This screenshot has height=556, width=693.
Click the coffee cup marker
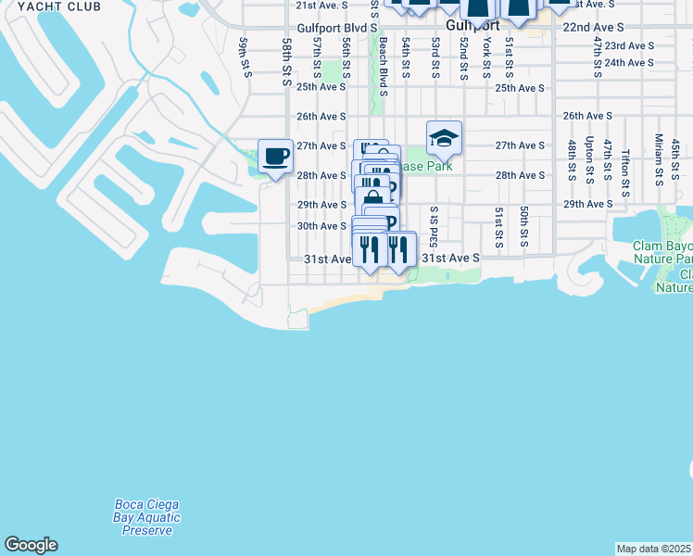(x=275, y=155)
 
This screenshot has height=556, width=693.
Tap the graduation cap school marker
(x=444, y=139)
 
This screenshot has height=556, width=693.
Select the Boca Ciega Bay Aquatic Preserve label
(x=147, y=517)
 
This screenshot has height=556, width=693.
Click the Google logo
(x=31, y=545)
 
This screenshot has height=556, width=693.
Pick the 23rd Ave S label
(x=629, y=45)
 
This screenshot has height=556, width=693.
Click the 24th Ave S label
(x=629, y=62)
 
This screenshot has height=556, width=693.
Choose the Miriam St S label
(x=658, y=158)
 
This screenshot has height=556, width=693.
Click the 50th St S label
(x=523, y=227)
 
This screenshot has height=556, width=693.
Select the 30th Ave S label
(x=321, y=226)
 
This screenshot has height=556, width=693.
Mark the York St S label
(x=486, y=60)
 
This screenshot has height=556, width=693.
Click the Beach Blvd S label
(x=382, y=67)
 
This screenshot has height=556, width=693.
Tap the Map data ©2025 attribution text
(x=654, y=549)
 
